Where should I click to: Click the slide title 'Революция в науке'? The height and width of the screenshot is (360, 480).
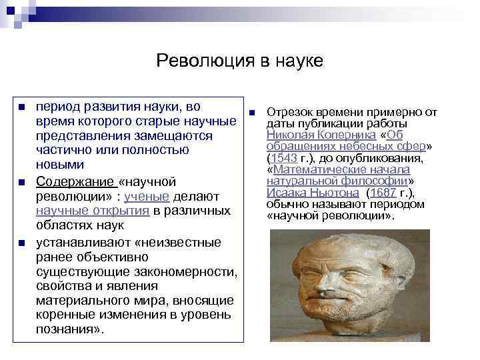point(239,61)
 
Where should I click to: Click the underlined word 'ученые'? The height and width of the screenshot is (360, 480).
point(153,196)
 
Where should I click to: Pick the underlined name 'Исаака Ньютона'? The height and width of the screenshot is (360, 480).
point(307,192)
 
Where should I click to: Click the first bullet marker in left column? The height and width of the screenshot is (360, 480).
point(21,107)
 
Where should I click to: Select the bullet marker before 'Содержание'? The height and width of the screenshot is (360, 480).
point(21,182)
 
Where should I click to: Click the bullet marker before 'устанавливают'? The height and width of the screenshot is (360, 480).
point(21,242)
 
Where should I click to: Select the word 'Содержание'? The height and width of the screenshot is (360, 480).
point(75,181)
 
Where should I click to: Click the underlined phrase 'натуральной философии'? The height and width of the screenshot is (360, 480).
point(340,181)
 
